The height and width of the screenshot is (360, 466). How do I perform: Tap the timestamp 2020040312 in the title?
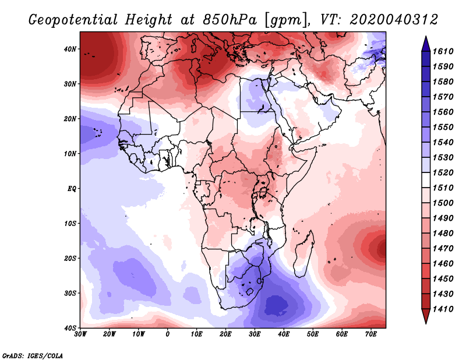click(394, 19)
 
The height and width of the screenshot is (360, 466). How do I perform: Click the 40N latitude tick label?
click(70, 49)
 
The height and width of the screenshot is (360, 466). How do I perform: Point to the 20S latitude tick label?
click(70, 258)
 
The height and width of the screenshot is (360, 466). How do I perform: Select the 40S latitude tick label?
click(70, 328)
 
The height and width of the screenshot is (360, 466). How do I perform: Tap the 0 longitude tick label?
click(168, 334)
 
